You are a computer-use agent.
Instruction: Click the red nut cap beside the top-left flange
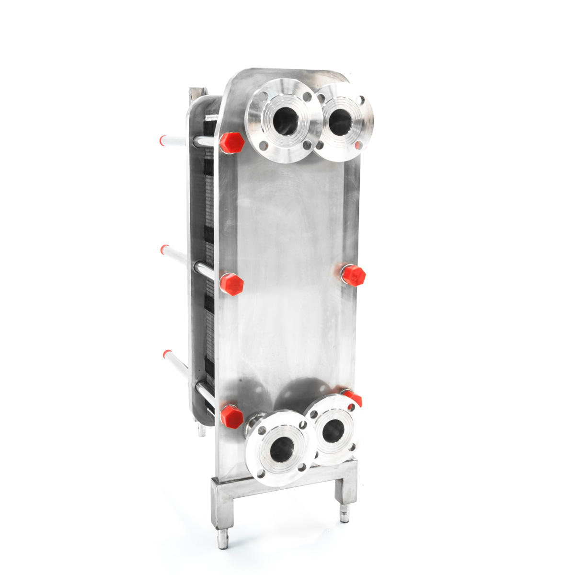pos(232,143)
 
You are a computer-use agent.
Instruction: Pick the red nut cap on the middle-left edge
pos(231,284)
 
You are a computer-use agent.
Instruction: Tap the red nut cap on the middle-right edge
pos(354,275)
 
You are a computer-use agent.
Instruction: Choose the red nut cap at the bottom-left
pos(232,416)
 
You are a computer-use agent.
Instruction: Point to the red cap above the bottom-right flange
pos(353,397)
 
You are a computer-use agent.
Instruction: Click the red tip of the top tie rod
pos(163,140)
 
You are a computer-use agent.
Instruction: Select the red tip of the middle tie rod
pos(164,249)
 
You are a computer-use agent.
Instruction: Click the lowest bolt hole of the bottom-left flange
pos(261,473)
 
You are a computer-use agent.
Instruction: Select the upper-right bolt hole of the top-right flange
pos(360,101)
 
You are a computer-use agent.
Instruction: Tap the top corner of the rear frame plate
pos(197,91)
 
